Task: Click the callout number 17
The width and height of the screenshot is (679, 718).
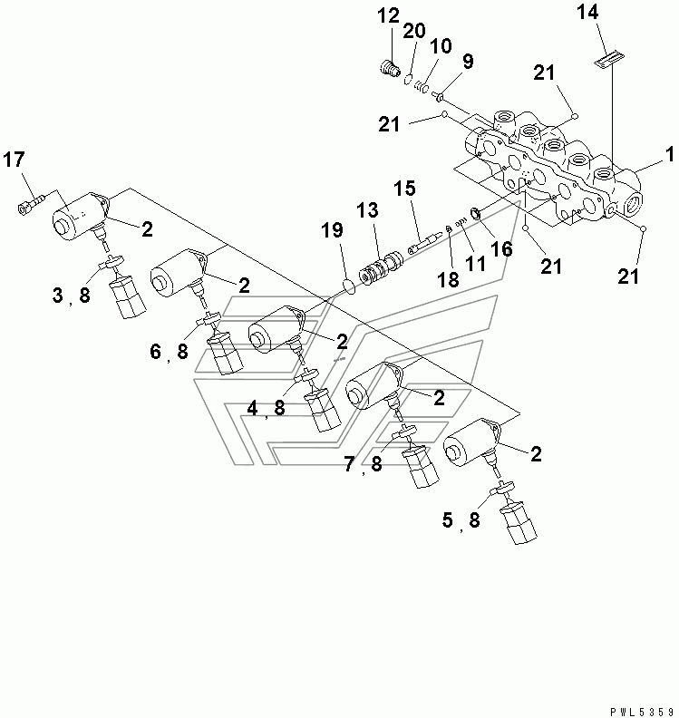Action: pos(14,161)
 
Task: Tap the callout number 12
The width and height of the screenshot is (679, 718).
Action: pos(388,15)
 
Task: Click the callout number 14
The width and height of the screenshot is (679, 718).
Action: pos(587,13)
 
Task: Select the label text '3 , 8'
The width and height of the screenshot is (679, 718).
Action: pos(71,295)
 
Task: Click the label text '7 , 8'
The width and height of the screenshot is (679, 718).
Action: pos(363,466)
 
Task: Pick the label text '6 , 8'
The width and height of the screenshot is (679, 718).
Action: pos(170,352)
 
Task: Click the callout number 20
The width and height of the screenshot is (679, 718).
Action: pos(413,31)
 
